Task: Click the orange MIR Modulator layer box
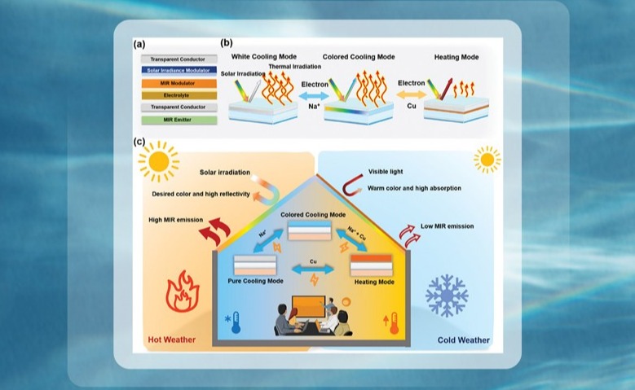point(178,82)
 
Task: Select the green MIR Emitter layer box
point(178,120)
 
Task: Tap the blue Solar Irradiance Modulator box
point(178,71)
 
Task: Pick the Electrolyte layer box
point(178,94)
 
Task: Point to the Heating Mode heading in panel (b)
point(451,57)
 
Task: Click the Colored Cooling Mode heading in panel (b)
point(359,57)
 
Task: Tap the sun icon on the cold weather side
point(487,160)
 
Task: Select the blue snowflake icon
point(447,295)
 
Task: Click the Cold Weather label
point(464,340)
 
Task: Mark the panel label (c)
point(140,142)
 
